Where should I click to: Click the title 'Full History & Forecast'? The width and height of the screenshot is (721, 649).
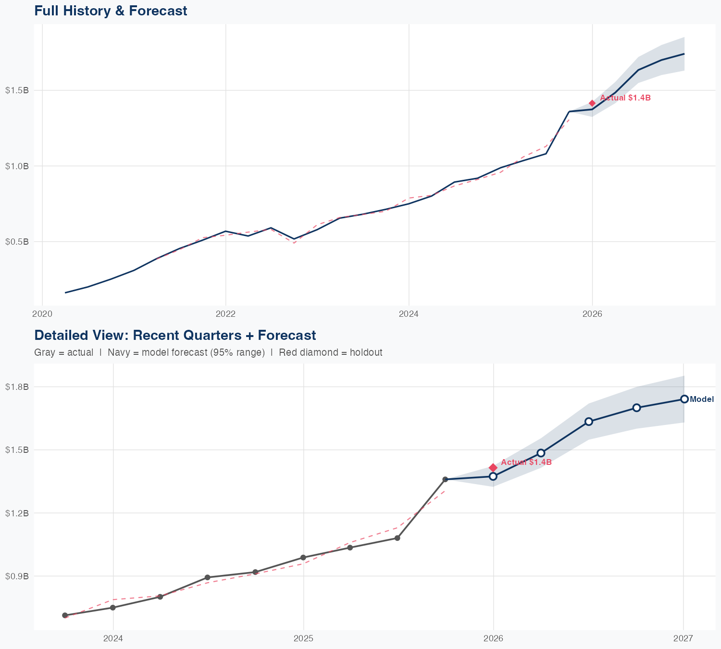(x=111, y=11)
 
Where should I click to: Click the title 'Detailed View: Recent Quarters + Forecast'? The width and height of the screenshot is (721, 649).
(x=175, y=335)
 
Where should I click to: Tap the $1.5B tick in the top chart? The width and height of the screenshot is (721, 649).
(x=17, y=90)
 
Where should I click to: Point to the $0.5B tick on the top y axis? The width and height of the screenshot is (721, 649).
(x=17, y=241)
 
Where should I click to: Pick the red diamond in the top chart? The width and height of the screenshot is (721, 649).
(x=592, y=103)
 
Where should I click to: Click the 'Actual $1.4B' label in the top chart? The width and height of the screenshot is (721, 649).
(x=625, y=98)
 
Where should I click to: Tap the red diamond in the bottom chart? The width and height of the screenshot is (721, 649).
(x=493, y=468)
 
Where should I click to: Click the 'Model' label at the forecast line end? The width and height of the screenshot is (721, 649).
(x=702, y=399)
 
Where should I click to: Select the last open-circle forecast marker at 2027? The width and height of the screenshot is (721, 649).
(x=684, y=399)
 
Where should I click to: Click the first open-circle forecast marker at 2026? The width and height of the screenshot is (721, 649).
(x=493, y=476)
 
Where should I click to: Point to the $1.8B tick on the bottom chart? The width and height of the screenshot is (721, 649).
(x=17, y=387)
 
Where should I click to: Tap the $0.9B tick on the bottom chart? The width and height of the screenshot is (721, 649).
(x=17, y=576)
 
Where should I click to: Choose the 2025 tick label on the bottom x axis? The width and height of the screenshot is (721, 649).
(x=303, y=638)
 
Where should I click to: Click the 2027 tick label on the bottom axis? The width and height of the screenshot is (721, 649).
(x=683, y=638)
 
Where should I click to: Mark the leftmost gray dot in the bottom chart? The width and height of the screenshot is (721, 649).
(x=65, y=615)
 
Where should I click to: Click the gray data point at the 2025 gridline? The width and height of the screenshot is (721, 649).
(x=303, y=558)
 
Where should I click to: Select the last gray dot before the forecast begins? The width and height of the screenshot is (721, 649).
(x=445, y=479)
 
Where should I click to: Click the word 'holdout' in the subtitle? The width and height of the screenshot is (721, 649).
(x=366, y=352)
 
